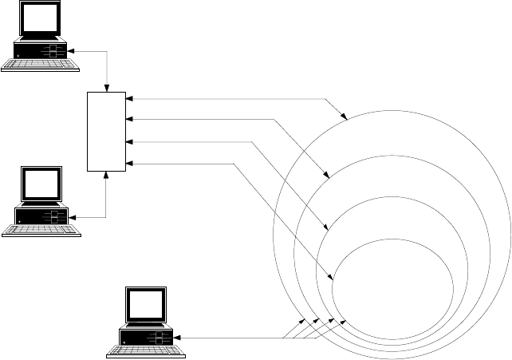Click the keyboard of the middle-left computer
[x=41, y=231]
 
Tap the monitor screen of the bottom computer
[x=147, y=305]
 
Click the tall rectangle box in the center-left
[x=106, y=131]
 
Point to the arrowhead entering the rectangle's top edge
[x=106, y=89]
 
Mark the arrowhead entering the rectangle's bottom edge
[x=106, y=174]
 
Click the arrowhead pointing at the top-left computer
[x=71, y=51]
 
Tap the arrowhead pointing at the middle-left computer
[x=71, y=216]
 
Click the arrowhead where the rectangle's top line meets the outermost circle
[x=345, y=117]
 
